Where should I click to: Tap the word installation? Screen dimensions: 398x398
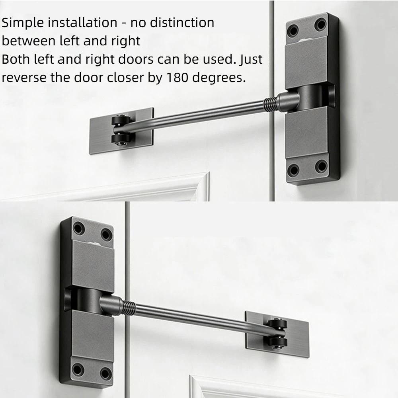tap(82, 23)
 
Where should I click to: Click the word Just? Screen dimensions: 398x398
tap(251, 59)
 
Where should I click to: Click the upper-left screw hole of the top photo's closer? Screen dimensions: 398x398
tap(294, 29)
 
